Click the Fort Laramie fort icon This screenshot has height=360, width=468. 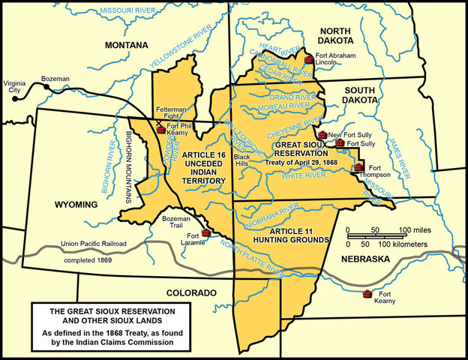click(x=206, y=232)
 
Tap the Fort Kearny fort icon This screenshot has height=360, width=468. click(x=367, y=293)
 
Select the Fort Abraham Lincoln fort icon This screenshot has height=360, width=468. click(x=309, y=59)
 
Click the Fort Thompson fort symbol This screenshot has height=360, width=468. click(x=359, y=167)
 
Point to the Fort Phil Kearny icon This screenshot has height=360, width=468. click(x=160, y=130)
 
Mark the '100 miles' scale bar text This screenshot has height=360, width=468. click(x=406, y=229)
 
